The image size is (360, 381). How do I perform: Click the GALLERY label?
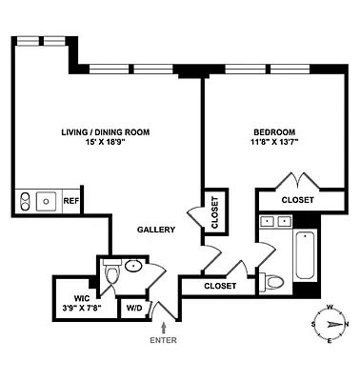coord(155,230)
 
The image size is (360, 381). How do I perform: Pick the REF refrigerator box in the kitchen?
coord(70,201)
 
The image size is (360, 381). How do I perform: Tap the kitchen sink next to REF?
coord(45,201)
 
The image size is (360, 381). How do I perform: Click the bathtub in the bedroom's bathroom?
coord(304,256)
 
